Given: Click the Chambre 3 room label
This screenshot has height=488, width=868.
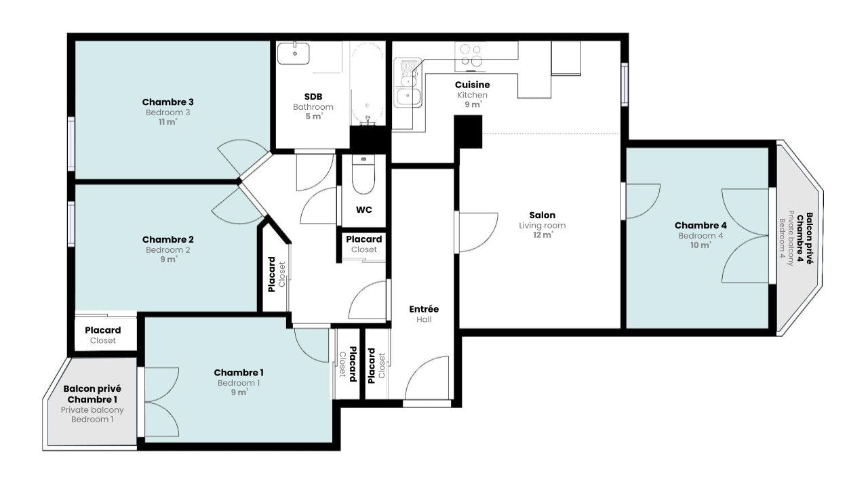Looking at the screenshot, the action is (167, 102).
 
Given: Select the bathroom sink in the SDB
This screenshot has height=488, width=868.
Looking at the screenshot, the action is (294, 53).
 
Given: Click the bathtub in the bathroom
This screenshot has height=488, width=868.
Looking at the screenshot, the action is (368, 83).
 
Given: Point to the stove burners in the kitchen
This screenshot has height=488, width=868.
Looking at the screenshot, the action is (471, 56).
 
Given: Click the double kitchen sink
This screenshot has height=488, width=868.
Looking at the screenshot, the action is (408, 83).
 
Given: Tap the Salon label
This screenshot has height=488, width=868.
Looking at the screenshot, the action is (542, 215).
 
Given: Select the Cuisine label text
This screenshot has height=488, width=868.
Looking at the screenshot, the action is (473, 85).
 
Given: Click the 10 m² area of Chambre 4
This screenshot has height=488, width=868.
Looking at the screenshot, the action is (701, 245).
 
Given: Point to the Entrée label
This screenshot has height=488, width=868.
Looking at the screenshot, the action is (424, 309).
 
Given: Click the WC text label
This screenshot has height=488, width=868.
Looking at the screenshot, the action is (364, 210).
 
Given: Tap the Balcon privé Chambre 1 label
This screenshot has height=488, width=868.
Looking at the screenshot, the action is (92, 394).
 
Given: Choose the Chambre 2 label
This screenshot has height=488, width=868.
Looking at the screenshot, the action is (167, 239).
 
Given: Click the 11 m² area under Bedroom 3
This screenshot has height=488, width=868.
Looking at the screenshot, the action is (167, 122).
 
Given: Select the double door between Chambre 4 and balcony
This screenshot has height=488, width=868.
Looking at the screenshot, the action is (745, 235).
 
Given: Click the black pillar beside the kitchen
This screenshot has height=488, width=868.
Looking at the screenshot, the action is (468, 131).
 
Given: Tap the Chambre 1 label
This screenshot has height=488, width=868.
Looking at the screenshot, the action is (239, 373).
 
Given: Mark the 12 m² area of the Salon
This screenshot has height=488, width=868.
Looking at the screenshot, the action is (542, 235).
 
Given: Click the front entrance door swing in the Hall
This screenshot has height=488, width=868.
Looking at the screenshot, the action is (427, 378).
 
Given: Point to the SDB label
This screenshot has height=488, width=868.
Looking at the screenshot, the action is (313, 96).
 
